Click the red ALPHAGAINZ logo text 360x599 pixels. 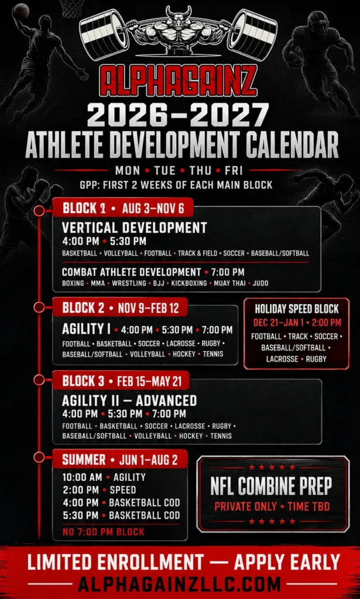point(179,80)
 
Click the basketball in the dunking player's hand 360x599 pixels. point(20,11)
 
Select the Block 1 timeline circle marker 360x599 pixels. point(39,211)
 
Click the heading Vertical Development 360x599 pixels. point(134,228)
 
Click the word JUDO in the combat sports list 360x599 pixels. point(260,284)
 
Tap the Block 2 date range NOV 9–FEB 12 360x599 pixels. point(148,308)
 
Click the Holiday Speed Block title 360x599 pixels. point(297,309)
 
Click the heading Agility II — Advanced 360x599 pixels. point(129,401)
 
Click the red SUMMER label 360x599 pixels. point(84,460)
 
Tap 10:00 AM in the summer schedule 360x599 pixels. point(82,477)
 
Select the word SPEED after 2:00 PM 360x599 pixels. point(123,490)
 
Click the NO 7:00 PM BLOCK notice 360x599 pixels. point(103,531)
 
